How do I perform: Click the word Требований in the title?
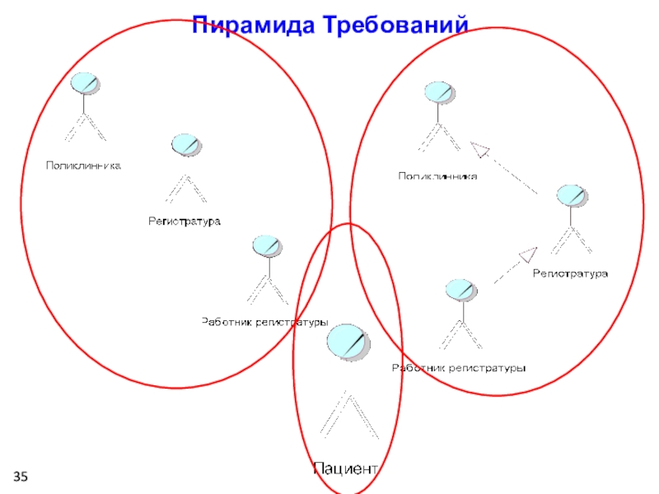(396, 25)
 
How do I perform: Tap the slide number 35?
(20, 478)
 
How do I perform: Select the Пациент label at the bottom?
(346, 469)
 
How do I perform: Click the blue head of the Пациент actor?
(347, 340)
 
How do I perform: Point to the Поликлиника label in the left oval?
(83, 165)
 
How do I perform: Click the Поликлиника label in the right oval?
(437, 175)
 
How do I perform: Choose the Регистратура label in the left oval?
(185, 221)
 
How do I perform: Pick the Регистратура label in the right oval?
(570, 273)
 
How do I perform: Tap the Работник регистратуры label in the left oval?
(265, 322)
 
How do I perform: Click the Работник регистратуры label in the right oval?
(458, 368)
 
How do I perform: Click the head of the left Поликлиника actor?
(84, 83)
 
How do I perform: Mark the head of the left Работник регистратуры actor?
(267, 246)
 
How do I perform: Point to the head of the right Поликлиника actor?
(437, 91)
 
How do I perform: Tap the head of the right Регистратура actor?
(570, 196)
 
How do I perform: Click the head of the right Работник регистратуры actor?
(459, 290)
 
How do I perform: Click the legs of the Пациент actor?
(348, 416)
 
